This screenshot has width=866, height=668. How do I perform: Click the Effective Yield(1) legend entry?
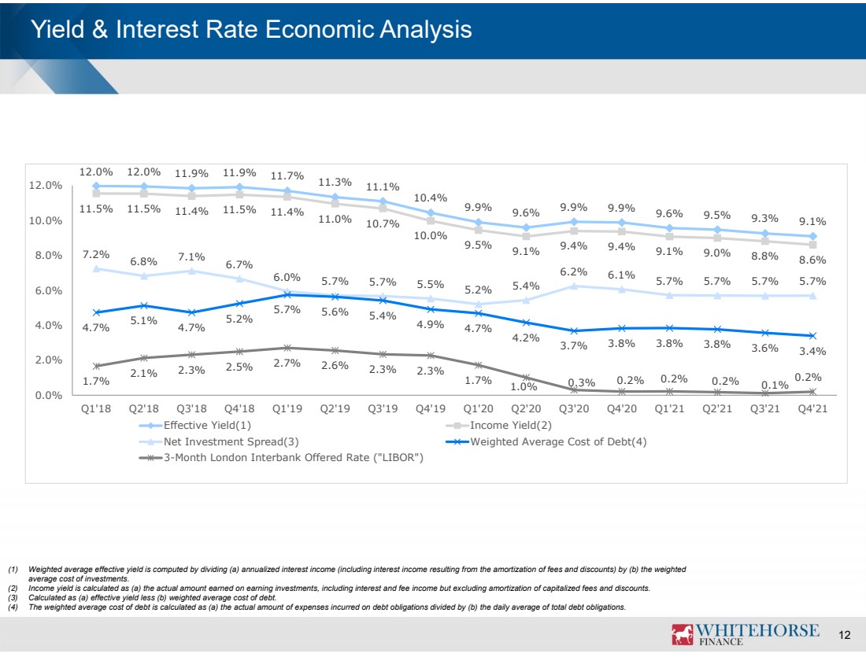pos(195,425)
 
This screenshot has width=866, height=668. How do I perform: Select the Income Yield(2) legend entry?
pos(498,425)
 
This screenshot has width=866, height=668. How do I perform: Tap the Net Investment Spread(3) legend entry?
pos(219,441)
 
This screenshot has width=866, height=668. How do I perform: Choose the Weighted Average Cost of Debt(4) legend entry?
pos(546,441)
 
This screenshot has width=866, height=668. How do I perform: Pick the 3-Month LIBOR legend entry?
pos(281,458)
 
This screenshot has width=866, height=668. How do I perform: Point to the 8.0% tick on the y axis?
pos(49,255)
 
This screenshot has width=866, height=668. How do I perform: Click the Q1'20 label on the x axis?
pos(479,408)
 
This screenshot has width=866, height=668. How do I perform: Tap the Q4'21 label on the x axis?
pos(812,408)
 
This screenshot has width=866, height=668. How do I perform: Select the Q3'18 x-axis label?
pos(191,408)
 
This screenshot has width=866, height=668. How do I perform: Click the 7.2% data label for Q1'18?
pos(96,254)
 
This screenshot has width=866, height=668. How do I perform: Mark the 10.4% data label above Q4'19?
pos(431,197)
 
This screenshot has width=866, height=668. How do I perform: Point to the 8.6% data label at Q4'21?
pos(812,260)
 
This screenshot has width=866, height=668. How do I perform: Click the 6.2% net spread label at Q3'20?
pos(574,271)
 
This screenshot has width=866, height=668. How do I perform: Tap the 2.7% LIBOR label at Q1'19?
pos(287,363)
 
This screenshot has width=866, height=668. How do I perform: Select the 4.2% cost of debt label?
pos(526,338)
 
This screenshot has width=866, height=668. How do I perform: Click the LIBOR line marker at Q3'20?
pos(574,389)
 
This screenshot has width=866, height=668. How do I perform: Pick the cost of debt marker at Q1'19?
pos(287,295)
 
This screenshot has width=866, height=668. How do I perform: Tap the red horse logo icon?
pos(682,634)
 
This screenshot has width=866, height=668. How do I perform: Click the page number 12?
pos(845,635)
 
